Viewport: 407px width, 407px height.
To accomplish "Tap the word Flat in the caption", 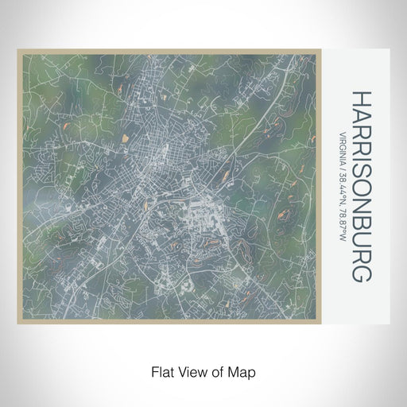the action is [161, 370].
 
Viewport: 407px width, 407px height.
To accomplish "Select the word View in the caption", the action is [190, 370].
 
